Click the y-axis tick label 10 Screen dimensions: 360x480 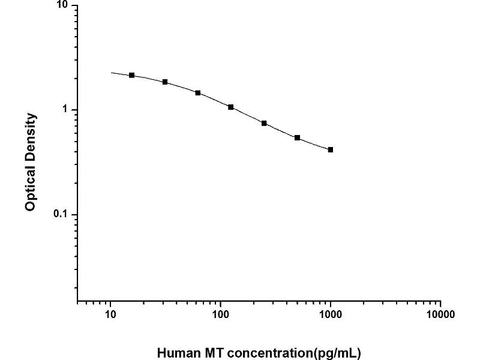point(62,6)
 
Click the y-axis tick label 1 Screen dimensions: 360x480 point(65,110)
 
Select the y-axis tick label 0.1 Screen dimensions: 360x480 point(61,215)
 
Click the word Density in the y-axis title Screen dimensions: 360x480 point(31,136)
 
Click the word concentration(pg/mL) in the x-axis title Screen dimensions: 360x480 point(292,353)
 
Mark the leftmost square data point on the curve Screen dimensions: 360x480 point(132,75)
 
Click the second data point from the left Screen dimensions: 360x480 point(165,82)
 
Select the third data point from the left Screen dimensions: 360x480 point(198,93)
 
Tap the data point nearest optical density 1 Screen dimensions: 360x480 point(231,107)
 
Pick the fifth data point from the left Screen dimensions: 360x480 point(264,123)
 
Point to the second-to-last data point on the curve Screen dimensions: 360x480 point(298,137)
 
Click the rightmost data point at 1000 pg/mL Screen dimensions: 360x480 point(331,149)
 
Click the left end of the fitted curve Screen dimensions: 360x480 point(111,73)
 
